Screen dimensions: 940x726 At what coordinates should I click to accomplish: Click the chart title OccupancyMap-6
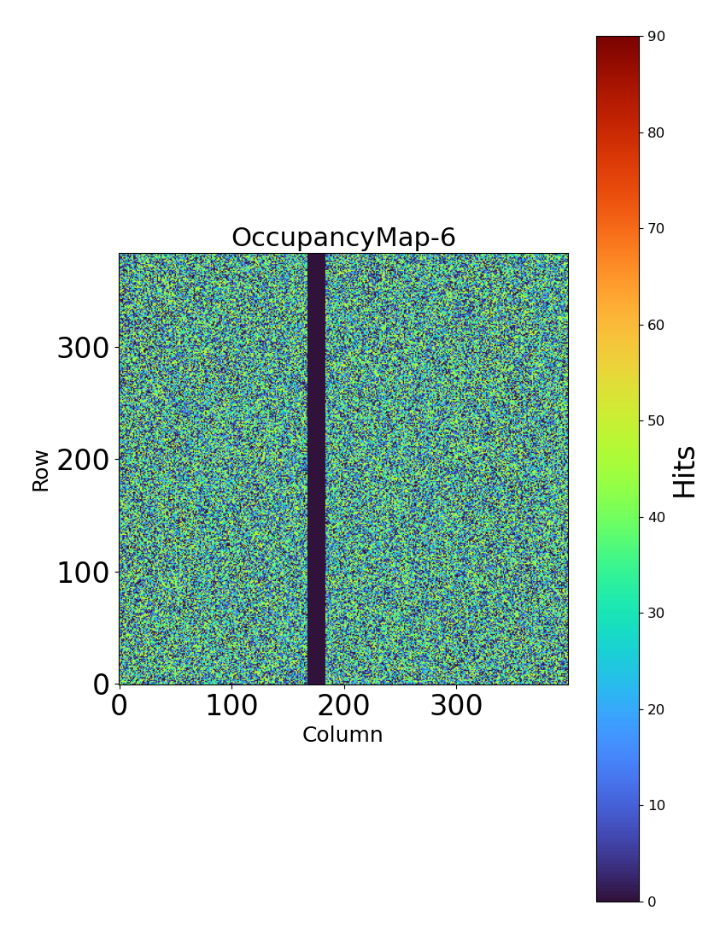(x=343, y=238)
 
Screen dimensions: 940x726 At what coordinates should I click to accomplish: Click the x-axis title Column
(x=343, y=735)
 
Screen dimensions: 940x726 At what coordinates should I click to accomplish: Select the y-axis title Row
(x=41, y=470)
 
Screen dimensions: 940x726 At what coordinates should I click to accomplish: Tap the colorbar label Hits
(x=685, y=471)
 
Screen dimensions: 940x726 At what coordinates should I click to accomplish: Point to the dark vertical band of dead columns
(x=316, y=468)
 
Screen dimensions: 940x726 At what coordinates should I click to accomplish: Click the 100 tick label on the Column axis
(x=231, y=706)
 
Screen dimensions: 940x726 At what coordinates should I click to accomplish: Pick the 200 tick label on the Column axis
(x=343, y=706)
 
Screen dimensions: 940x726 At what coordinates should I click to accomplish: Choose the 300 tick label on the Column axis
(x=456, y=706)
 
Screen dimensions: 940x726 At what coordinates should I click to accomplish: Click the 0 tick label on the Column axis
(x=120, y=706)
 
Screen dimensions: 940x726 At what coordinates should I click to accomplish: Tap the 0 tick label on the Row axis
(x=101, y=684)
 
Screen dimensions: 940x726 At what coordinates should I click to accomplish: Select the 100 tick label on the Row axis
(x=84, y=573)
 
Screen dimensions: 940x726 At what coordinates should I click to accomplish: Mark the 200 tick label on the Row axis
(x=84, y=461)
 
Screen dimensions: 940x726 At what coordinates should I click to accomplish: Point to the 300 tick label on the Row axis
(x=84, y=349)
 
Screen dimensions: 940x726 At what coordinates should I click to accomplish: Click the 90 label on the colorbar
(x=657, y=36)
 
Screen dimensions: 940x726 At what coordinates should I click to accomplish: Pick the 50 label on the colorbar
(x=657, y=420)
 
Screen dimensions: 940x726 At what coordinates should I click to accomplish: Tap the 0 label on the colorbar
(x=653, y=902)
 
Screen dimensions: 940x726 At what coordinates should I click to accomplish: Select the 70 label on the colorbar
(x=657, y=228)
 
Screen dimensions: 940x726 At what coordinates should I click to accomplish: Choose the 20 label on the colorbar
(x=657, y=709)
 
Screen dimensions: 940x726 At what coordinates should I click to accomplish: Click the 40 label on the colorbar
(x=657, y=517)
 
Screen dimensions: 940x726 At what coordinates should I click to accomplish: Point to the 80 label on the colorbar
(x=657, y=132)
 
